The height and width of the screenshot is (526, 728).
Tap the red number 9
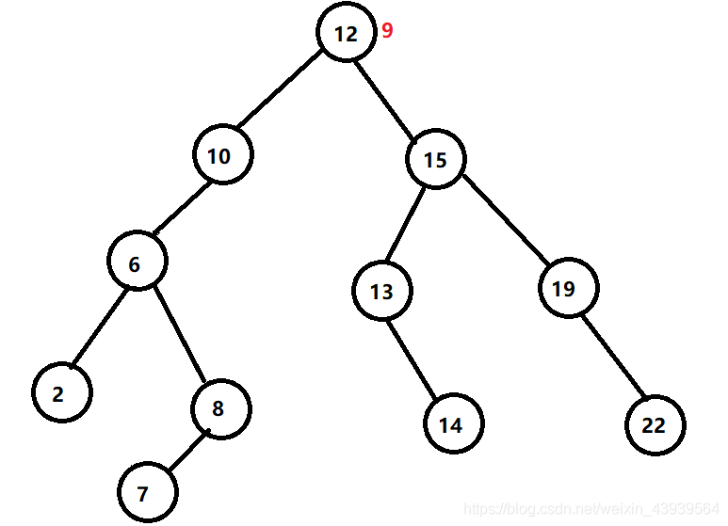(387, 31)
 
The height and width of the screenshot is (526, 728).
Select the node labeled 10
(223, 155)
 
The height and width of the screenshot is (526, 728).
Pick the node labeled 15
(436, 160)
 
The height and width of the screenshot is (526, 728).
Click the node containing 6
(137, 263)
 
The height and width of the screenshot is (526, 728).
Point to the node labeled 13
(381, 292)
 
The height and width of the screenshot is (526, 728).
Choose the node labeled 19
(569, 288)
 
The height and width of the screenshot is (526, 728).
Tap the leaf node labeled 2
(60, 393)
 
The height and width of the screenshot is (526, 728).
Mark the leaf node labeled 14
(453, 424)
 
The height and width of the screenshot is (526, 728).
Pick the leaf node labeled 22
(655, 424)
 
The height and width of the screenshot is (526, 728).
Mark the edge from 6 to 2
(99, 327)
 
